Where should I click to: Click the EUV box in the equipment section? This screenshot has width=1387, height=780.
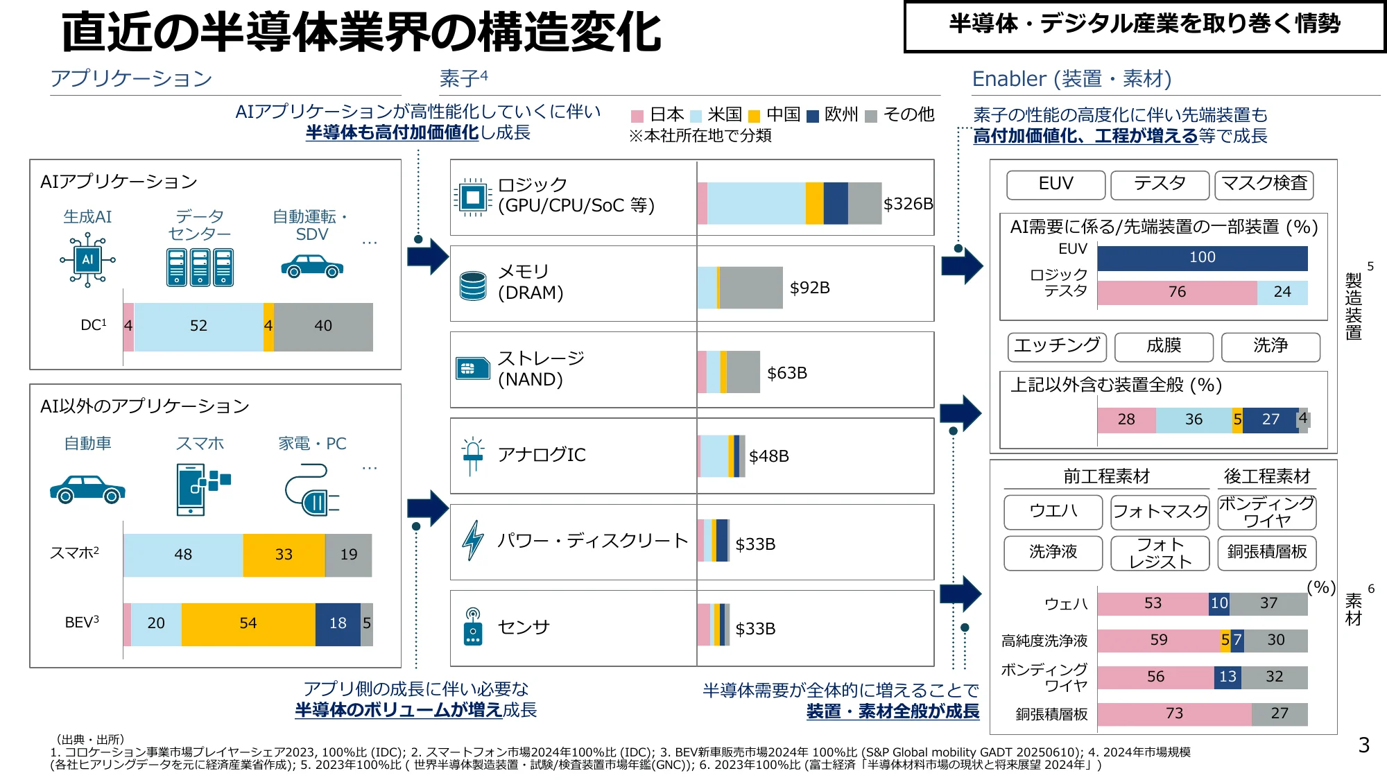tap(1056, 184)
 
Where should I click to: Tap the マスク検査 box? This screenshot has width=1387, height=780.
tap(1264, 184)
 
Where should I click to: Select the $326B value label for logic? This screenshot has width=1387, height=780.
tap(908, 204)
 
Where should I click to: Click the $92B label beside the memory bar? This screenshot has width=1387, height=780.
tap(809, 288)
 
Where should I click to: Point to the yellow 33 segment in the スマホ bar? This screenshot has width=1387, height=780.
tap(284, 555)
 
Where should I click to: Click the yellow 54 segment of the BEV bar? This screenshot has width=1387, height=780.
tap(248, 624)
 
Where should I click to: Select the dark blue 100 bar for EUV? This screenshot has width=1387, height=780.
tap(1202, 258)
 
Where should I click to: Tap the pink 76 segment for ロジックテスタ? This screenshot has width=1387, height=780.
tap(1177, 293)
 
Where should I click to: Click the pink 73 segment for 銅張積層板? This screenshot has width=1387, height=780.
tap(1174, 713)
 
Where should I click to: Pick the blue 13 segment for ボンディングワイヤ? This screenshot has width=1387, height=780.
tap(1227, 677)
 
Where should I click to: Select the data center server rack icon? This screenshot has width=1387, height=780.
tap(200, 267)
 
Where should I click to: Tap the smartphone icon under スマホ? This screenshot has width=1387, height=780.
tap(192, 489)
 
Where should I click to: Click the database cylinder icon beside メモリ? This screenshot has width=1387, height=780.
tap(473, 286)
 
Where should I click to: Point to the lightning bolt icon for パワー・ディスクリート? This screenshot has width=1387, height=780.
tap(473, 540)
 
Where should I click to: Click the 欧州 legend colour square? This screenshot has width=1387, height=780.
tap(813, 116)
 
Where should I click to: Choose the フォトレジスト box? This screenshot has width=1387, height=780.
tap(1160, 553)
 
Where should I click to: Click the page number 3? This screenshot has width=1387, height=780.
tap(1363, 745)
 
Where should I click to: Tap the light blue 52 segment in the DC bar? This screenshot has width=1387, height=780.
tap(198, 327)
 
